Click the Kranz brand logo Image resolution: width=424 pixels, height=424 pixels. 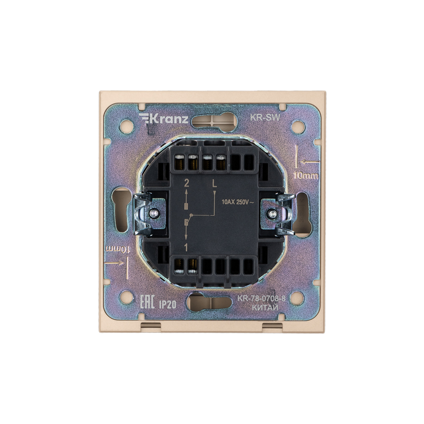click(x=163, y=119)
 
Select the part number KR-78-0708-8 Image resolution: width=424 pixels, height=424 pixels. click(x=261, y=299)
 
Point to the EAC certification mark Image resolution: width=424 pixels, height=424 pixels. click(x=147, y=302)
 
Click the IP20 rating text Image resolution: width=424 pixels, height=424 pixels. click(x=167, y=305)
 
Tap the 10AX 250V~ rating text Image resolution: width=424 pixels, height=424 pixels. click(x=237, y=202)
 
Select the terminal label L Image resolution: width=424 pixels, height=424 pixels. click(x=214, y=184)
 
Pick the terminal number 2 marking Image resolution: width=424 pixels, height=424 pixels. click(x=187, y=183)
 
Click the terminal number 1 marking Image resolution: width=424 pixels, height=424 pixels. click(x=186, y=247)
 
